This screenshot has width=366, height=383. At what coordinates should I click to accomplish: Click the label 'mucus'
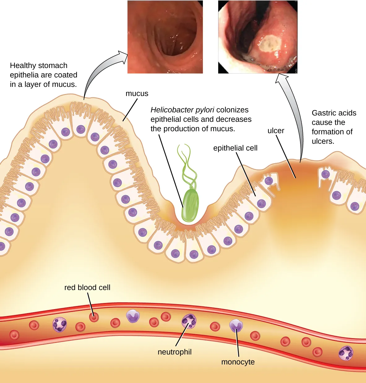[x=137, y=94]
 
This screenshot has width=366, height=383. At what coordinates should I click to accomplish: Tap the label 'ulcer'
[x=276, y=131]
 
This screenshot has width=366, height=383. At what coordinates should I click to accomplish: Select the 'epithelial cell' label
[x=235, y=148]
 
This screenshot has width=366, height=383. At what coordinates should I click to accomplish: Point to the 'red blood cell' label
[x=87, y=287]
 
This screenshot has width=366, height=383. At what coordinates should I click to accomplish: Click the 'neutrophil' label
[x=174, y=352]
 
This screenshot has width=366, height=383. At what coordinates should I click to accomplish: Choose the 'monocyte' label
[x=238, y=362]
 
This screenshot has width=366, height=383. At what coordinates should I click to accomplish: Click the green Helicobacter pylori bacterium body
[x=190, y=206]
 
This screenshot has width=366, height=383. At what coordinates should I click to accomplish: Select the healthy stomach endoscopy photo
[x=165, y=37]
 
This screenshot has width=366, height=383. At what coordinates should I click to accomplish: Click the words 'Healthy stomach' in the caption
[x=38, y=66]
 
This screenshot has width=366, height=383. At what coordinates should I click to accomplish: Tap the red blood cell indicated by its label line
[x=94, y=317]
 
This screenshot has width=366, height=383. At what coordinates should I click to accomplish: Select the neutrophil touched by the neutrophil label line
[x=189, y=321]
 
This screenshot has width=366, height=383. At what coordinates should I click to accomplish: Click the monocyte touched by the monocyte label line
[x=236, y=326]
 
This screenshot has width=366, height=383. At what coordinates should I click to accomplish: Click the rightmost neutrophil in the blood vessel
[x=346, y=353]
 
